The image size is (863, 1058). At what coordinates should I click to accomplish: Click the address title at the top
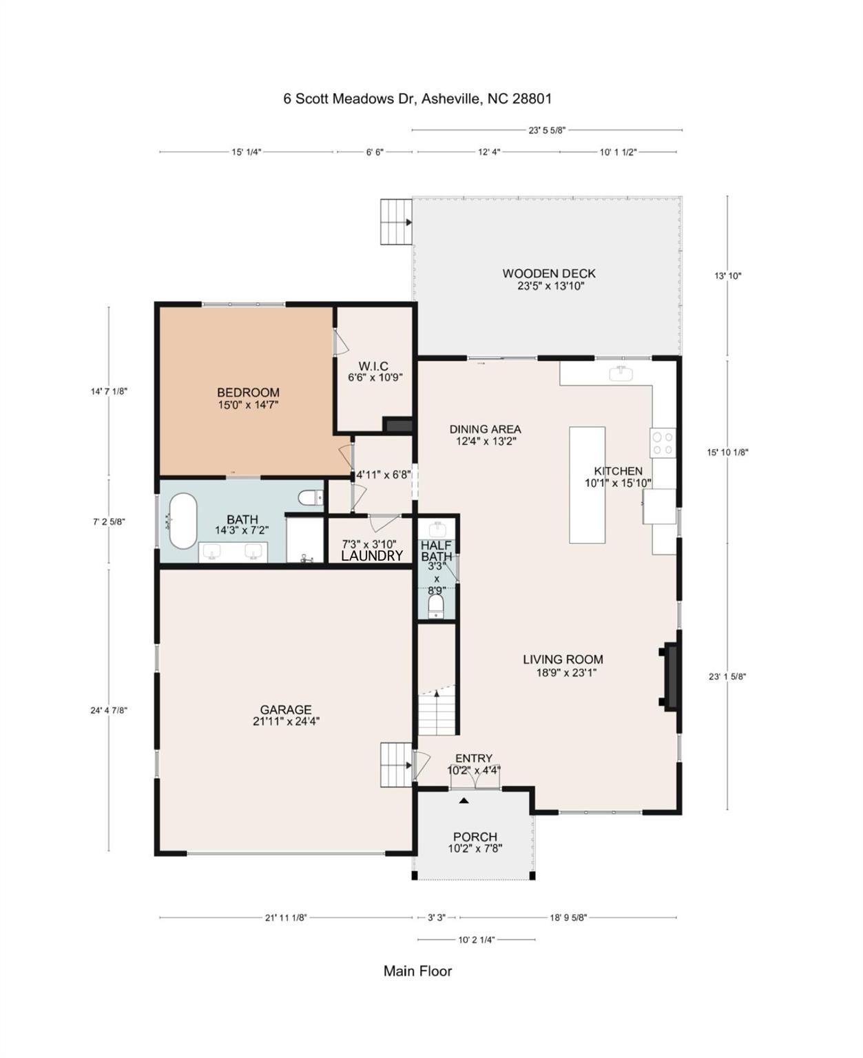(417, 98)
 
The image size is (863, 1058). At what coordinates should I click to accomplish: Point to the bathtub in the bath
(183, 521)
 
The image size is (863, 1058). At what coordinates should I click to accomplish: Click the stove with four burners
(663, 442)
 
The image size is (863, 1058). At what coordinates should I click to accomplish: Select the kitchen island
(587, 485)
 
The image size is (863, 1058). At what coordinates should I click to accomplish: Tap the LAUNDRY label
(372, 556)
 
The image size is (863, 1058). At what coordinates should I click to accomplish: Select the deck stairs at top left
(396, 222)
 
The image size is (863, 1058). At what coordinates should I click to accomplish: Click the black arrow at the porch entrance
(464, 800)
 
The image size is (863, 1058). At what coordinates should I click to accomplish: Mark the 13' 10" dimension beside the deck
(727, 276)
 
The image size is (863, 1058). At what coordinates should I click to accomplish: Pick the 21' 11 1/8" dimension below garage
(286, 917)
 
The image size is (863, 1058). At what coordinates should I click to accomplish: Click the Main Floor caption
(417, 971)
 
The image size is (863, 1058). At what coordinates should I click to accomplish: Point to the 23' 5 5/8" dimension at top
(547, 129)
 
